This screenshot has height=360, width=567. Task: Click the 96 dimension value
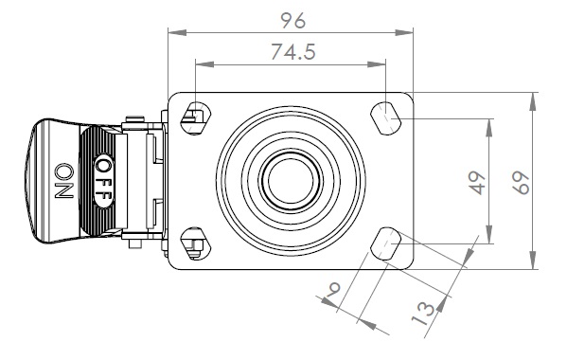click(x=293, y=21)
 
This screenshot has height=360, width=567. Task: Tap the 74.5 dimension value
click(x=293, y=52)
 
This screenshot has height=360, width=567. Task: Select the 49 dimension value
click(x=476, y=183)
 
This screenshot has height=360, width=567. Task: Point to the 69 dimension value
click(x=521, y=183)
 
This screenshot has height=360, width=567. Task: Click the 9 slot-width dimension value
click(x=333, y=290)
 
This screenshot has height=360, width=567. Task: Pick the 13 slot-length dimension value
click(x=423, y=314)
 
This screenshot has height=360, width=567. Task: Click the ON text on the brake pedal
click(x=64, y=181)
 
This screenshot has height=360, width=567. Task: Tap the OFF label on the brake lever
click(x=104, y=181)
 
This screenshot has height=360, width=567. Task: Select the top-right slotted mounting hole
click(x=385, y=118)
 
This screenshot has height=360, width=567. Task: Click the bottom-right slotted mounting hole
click(x=385, y=243)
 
